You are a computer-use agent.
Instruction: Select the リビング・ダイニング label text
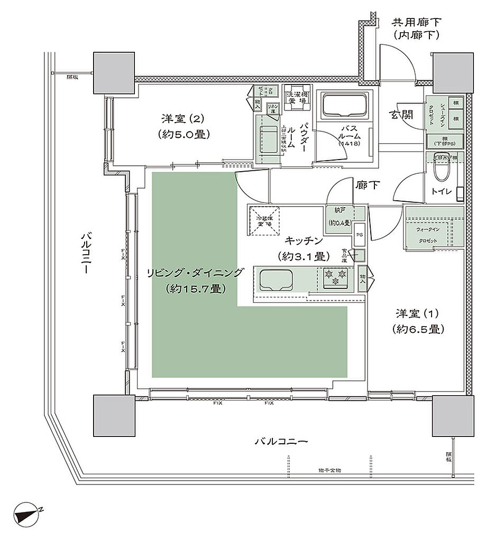coord(195,273)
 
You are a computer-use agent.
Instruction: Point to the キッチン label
coord(304,240)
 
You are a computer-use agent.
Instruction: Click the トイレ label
coord(441,192)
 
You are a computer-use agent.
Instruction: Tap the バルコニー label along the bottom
coord(281,441)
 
